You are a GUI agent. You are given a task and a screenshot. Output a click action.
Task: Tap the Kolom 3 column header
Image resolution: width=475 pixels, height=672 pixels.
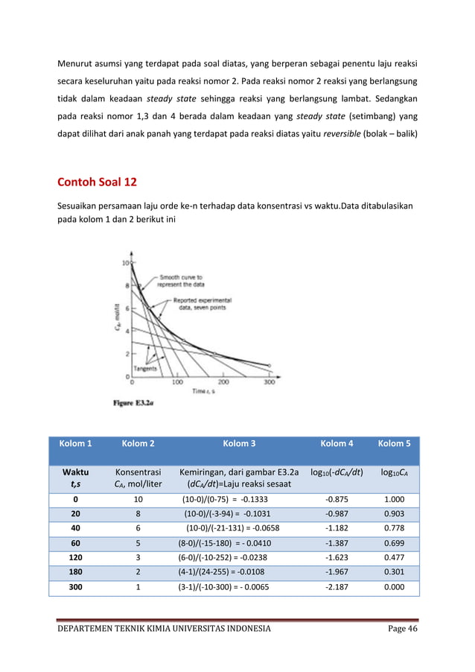[x=239, y=444]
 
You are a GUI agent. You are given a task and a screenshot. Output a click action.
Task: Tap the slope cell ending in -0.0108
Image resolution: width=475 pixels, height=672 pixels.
[x=238, y=574]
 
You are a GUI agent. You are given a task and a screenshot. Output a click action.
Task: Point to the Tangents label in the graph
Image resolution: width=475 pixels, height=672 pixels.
[x=145, y=368]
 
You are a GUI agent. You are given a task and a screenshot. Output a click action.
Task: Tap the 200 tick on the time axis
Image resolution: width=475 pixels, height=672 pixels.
[x=224, y=382]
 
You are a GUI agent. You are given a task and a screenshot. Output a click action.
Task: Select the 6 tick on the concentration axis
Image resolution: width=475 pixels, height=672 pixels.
[x=127, y=308]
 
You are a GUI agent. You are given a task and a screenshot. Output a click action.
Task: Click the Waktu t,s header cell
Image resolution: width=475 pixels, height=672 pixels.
[x=75, y=478]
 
